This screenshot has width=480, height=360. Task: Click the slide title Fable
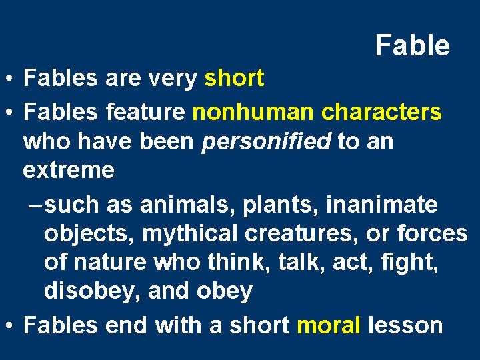pos(412,46)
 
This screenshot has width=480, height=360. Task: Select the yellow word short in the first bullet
pos(234,79)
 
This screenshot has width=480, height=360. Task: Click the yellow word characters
pos(381,112)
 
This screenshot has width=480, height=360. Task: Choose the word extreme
pos(68,171)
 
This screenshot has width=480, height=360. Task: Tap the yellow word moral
pos(329,325)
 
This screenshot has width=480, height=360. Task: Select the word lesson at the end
pos(405,325)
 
